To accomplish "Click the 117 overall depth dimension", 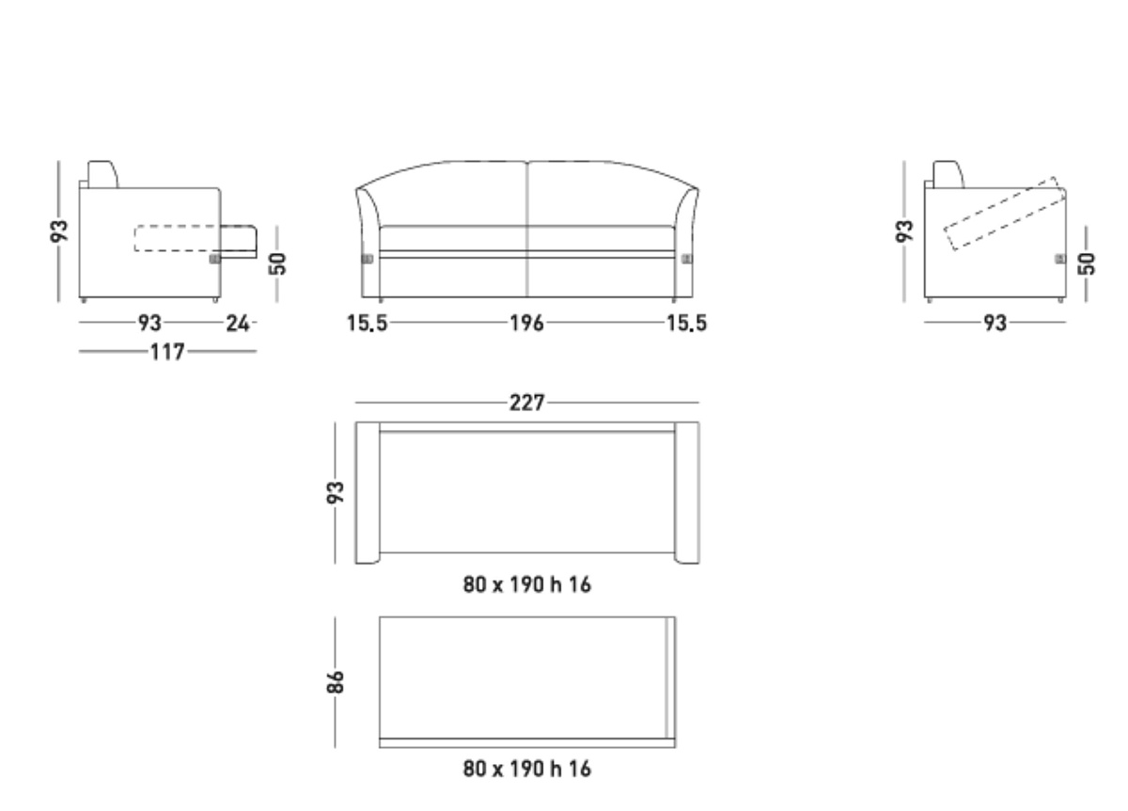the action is click(x=167, y=351).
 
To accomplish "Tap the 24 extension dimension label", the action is click(x=238, y=323).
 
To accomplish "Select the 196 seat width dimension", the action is click(x=526, y=323).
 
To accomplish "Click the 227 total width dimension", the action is click(x=526, y=403).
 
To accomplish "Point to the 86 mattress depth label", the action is click(x=336, y=682).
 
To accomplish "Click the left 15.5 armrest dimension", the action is click(x=368, y=323).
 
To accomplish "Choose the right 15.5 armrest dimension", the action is click(x=687, y=323).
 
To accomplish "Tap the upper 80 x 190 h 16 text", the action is click(x=526, y=584).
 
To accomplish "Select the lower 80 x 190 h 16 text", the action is click(x=526, y=769).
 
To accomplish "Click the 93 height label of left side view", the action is click(x=59, y=231).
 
